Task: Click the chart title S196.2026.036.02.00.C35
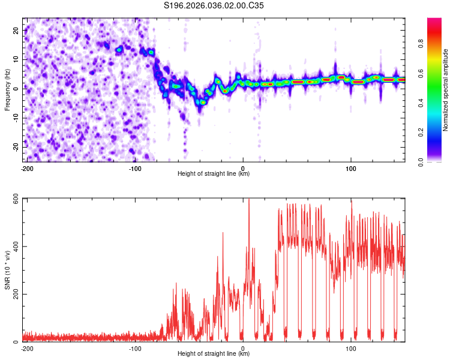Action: click(214, 5)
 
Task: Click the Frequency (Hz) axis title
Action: click(7, 90)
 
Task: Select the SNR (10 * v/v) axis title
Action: click(7, 270)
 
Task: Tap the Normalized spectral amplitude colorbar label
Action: click(446, 90)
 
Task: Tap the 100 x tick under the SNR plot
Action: click(351, 348)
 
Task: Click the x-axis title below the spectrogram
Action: click(214, 174)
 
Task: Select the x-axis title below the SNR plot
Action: click(214, 354)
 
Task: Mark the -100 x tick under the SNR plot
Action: click(134, 348)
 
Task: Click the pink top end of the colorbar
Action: click(434, 21)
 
